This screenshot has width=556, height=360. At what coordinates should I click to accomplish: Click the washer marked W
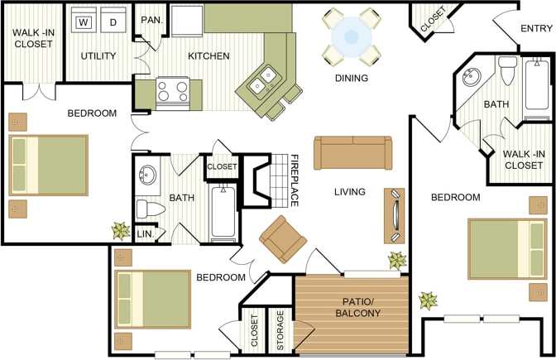point(84,22)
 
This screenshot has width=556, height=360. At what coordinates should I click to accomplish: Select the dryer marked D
point(113,22)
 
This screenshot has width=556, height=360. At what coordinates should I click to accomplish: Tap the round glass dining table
point(351,37)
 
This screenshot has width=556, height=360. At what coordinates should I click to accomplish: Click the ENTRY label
point(536,29)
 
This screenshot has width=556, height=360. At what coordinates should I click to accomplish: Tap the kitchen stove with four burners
point(173,92)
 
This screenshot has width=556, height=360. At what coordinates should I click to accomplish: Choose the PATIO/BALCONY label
point(358,307)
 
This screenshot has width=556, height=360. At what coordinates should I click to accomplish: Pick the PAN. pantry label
point(151,20)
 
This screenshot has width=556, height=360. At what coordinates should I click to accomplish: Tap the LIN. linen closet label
point(144,234)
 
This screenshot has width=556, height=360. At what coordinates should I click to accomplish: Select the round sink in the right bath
point(472,79)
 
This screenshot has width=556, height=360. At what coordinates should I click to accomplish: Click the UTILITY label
point(98,56)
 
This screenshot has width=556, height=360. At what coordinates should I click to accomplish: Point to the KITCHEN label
point(208,56)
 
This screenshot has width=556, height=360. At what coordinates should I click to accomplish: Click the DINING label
point(351,79)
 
